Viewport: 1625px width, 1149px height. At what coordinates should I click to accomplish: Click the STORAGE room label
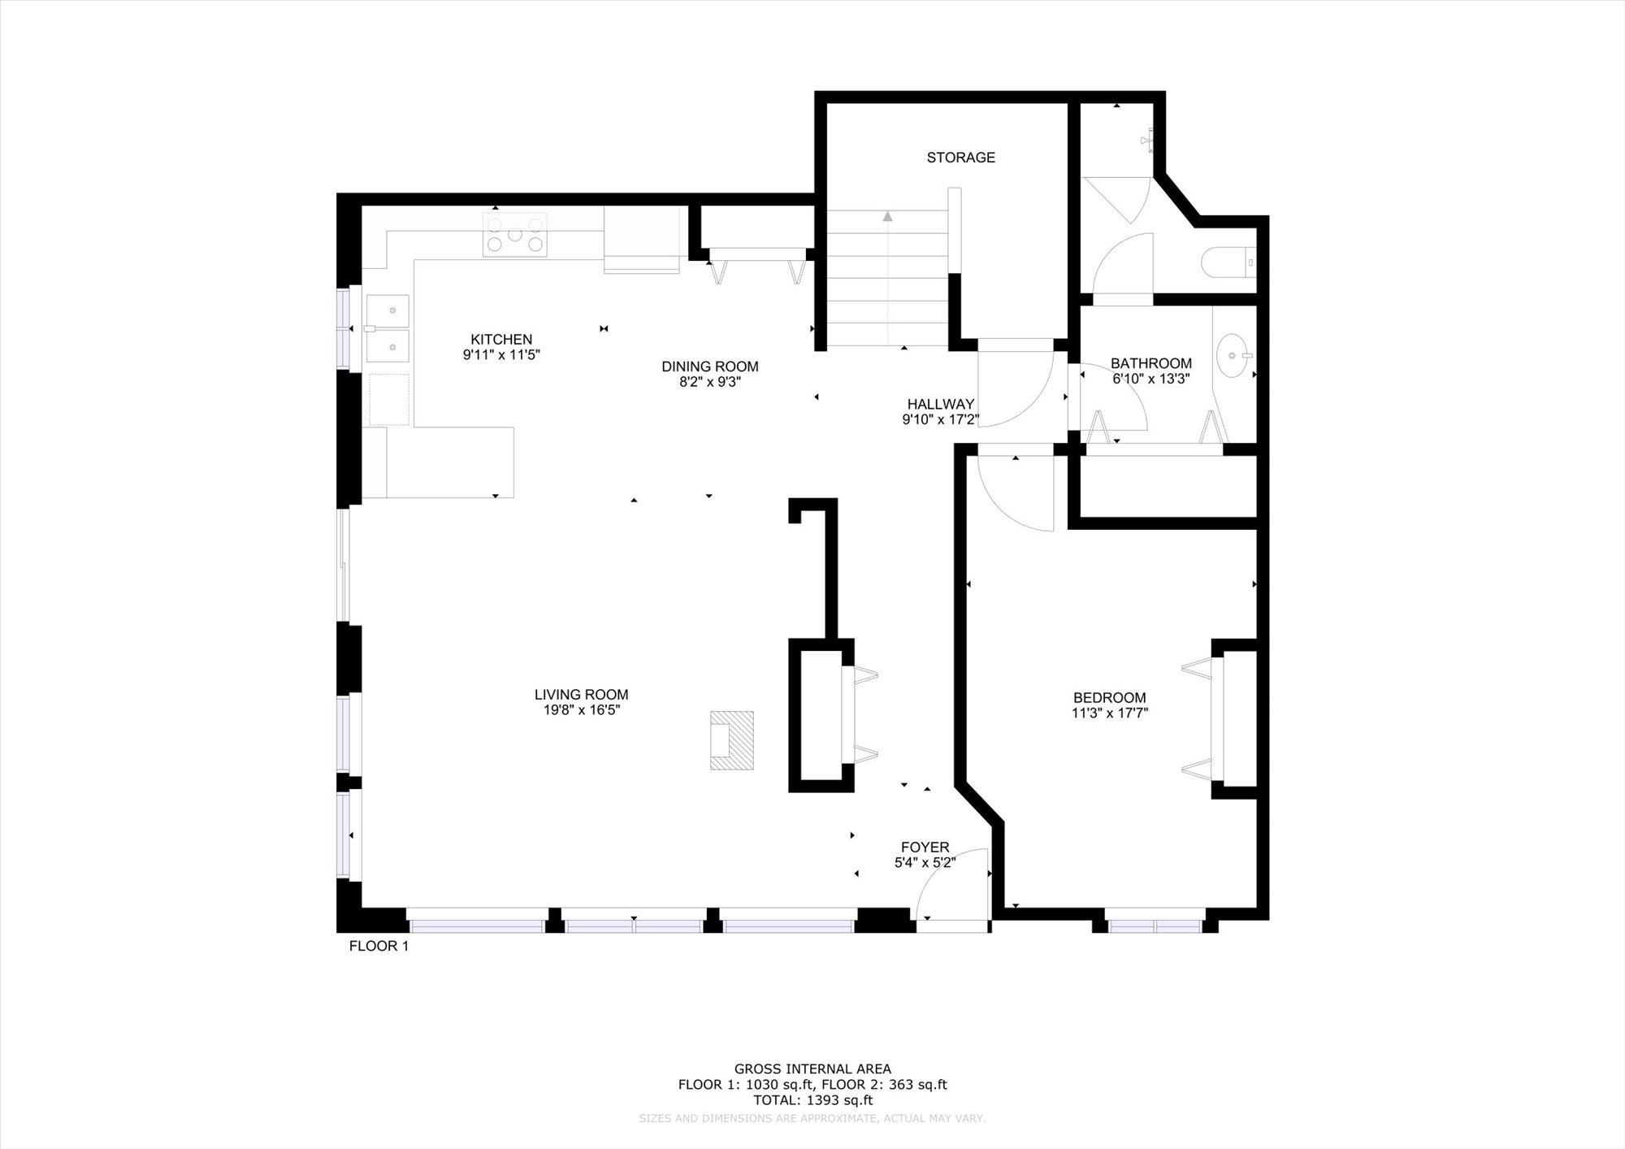coord(960,158)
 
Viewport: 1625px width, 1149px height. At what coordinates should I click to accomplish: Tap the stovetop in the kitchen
coord(514,235)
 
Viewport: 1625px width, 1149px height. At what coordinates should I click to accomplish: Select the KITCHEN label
coord(501,340)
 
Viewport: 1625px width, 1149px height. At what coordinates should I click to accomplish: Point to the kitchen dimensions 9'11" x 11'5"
coord(501,355)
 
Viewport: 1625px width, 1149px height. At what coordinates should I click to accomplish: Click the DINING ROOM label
coord(709,366)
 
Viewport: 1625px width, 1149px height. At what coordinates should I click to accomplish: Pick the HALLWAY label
coord(940,404)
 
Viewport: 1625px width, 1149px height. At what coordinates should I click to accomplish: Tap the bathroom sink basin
coord(1235,355)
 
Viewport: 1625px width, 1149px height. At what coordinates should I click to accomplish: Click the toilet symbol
coord(1228,262)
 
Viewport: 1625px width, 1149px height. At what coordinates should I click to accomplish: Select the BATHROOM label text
coord(1151,363)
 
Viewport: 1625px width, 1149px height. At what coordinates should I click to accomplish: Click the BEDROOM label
coord(1109,697)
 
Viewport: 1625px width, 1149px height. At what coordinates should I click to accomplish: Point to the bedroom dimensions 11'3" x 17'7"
coord(1109,713)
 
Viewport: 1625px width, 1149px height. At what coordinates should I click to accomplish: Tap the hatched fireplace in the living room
coord(731,740)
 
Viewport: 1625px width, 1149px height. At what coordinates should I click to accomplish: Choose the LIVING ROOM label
coord(581,695)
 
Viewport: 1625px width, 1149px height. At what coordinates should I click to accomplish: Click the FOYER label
coord(925,848)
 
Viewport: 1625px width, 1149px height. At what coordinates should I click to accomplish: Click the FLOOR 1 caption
coord(379,946)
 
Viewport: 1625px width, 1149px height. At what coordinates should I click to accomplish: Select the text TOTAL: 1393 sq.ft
coord(812,1100)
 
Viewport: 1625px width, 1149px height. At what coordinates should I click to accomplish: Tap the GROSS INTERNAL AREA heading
coord(812,1069)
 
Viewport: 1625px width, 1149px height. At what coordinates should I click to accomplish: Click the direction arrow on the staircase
coord(887,216)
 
